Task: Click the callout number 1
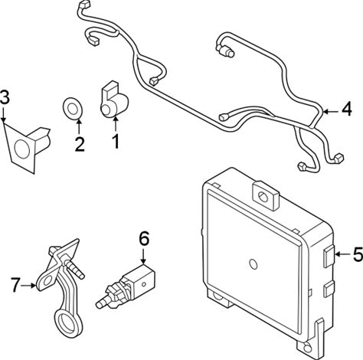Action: (x=116, y=142)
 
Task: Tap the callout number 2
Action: (x=80, y=144)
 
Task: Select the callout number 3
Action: (x=5, y=97)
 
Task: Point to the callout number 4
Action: (x=347, y=109)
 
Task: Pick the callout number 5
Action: (x=358, y=254)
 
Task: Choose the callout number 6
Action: (x=144, y=239)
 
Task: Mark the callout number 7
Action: (x=15, y=285)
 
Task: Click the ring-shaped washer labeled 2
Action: (x=73, y=109)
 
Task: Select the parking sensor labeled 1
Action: (x=114, y=100)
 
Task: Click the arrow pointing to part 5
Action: (x=342, y=254)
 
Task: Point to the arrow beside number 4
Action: (x=331, y=112)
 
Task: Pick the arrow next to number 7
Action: (x=28, y=286)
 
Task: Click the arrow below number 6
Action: (x=143, y=256)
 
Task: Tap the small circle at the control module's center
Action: (x=253, y=264)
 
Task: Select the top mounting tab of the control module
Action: (x=266, y=195)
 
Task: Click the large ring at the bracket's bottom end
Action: (x=65, y=322)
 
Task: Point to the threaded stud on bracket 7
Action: (x=74, y=268)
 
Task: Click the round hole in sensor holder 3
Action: (x=21, y=149)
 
